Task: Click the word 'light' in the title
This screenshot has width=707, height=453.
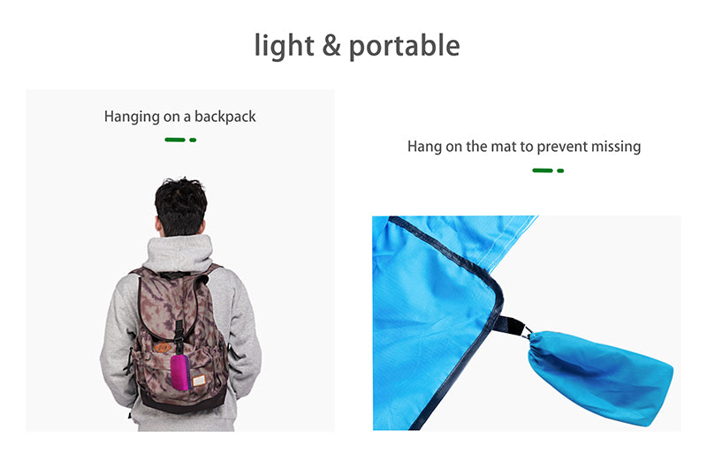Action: tap(284, 46)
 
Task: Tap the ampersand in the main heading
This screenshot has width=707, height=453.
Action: tap(331, 45)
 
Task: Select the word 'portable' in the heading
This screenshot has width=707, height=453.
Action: tap(405, 47)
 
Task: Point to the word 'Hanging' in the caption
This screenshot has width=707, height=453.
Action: tap(132, 117)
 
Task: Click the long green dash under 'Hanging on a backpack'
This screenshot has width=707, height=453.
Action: tap(175, 140)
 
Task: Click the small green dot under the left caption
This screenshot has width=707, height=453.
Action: tap(193, 140)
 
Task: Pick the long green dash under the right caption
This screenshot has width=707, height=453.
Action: tap(543, 170)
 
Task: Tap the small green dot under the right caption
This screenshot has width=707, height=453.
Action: tap(560, 170)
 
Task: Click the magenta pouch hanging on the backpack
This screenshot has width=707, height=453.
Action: tap(180, 373)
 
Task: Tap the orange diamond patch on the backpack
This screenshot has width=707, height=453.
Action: tap(163, 348)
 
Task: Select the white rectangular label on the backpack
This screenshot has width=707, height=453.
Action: tap(198, 381)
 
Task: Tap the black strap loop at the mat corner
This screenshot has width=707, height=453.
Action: tap(510, 324)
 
